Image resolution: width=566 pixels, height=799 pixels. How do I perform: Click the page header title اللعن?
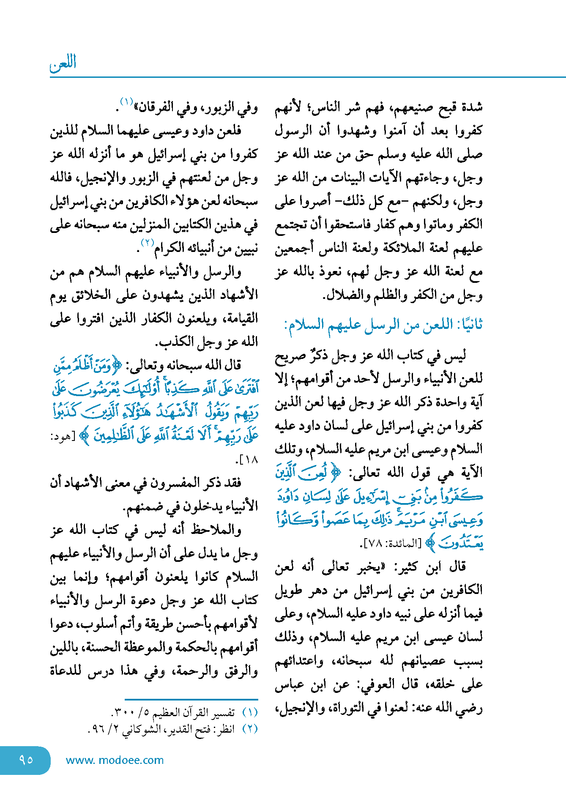(63, 63)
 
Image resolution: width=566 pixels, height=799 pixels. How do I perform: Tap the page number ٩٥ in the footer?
(26, 760)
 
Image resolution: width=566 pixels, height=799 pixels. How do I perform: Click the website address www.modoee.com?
(115, 760)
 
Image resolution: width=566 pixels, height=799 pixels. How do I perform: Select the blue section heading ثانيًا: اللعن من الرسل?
(383, 325)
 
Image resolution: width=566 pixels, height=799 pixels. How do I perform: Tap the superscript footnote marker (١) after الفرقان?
(126, 102)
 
